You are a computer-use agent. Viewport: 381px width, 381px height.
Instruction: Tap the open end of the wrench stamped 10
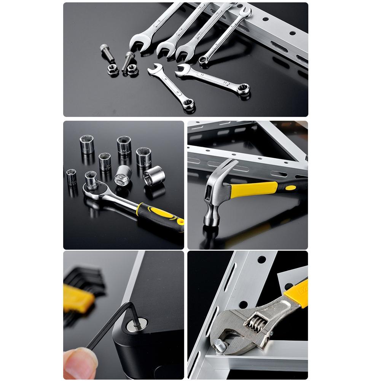pos(155,70)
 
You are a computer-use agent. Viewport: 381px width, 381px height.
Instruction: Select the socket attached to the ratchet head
pos(91,180)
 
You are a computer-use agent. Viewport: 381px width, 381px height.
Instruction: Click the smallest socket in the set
pos(71,176)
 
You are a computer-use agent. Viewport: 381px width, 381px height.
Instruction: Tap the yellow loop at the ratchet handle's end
pos(179,224)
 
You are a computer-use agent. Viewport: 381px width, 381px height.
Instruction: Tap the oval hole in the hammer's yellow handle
pos(290,187)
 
